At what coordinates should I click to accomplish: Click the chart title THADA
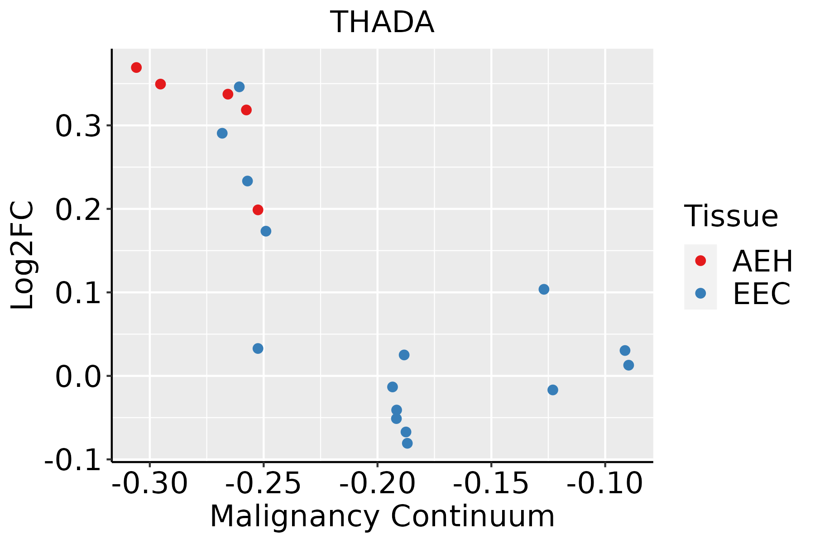pos(383,23)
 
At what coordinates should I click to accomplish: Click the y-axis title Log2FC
pos(23,256)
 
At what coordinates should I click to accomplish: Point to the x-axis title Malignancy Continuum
pos(383,516)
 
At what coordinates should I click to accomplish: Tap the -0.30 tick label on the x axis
pos(149,483)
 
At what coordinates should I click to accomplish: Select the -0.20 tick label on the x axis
pos(377,483)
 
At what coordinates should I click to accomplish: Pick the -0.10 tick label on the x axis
pos(605,483)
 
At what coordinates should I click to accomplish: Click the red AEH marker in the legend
pos(700,261)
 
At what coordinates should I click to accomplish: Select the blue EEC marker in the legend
pos(700,293)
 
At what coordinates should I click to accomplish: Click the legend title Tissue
pos(731,216)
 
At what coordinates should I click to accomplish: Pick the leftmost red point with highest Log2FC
pos(136,67)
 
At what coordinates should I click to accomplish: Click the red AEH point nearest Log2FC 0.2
pos(258,210)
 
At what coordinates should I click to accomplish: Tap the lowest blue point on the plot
pos(407,443)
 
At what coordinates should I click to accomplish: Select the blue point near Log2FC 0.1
pos(544,289)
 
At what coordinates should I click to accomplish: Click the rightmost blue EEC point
pos(628,365)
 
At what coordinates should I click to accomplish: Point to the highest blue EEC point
pos(240,87)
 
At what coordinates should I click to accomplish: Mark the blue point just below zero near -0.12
pos(553,390)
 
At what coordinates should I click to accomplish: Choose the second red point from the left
pos(160,84)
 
